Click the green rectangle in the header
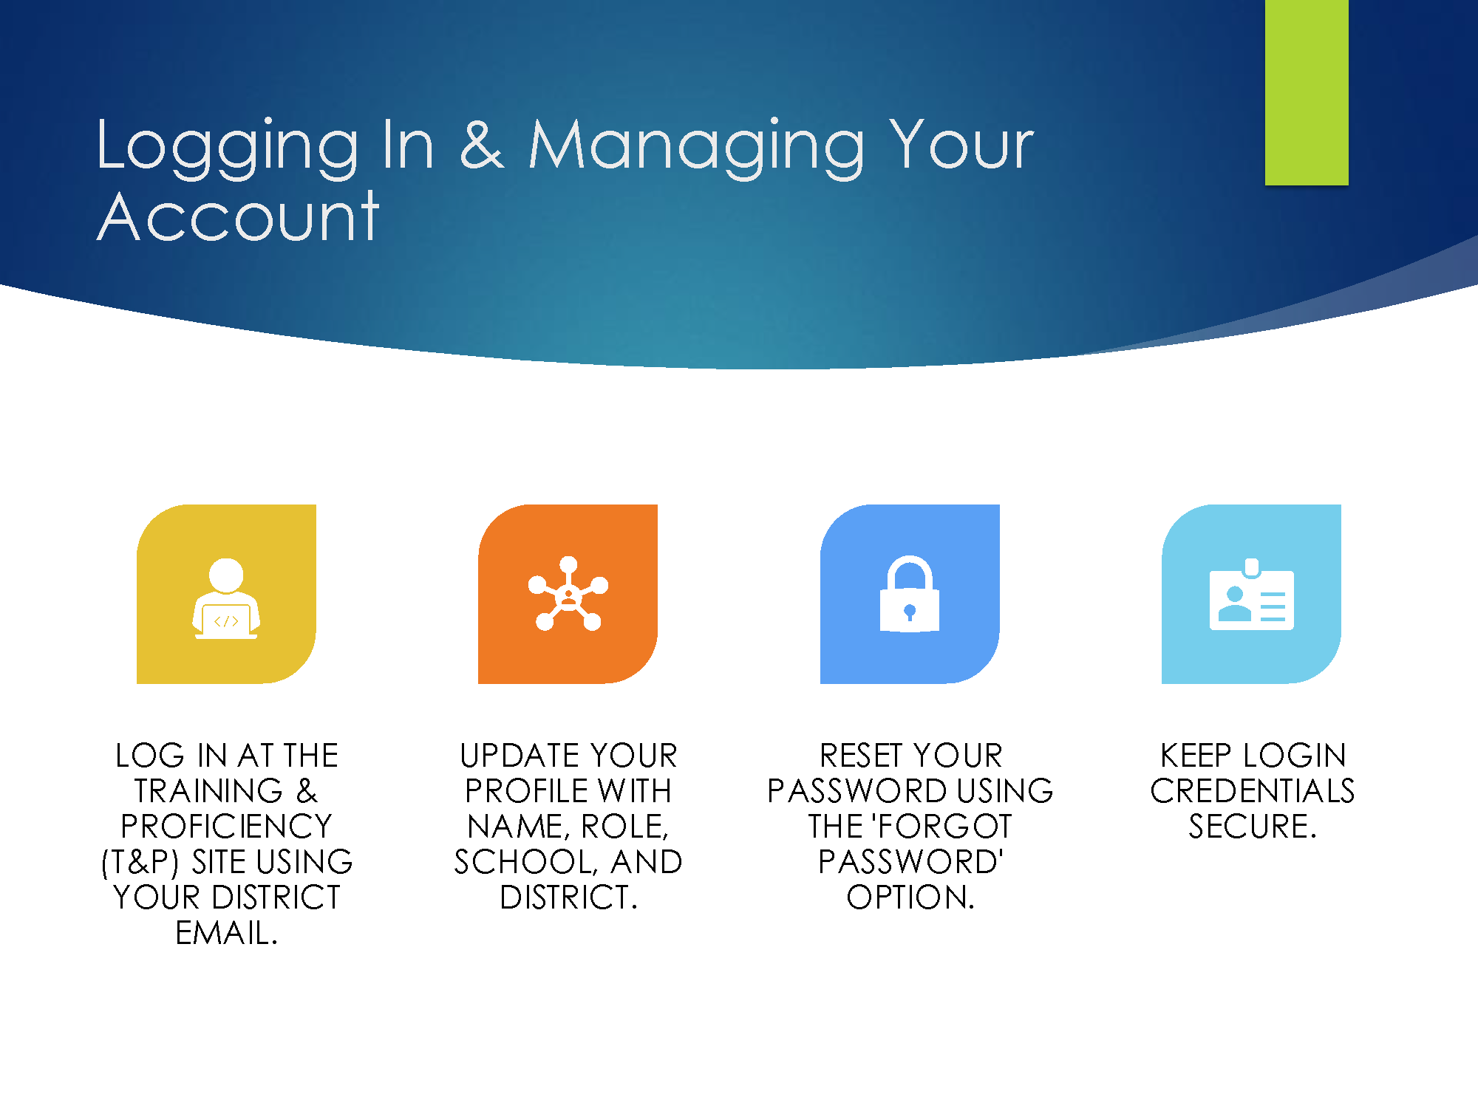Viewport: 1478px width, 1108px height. [x=1307, y=92]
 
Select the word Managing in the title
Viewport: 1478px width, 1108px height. [x=696, y=148]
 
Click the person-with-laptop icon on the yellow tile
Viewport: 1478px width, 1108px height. [x=226, y=598]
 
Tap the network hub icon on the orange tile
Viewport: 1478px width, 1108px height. [x=568, y=593]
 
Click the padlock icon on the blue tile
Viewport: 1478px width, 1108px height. [x=910, y=594]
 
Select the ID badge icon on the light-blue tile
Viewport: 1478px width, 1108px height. [x=1252, y=594]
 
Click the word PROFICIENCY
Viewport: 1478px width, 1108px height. [x=226, y=827]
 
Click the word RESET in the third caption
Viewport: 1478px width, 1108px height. [x=860, y=756]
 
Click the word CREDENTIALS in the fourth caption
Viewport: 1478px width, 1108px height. [x=1253, y=791]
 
